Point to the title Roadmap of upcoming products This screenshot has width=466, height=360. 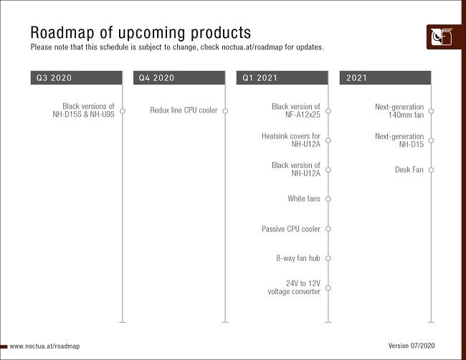pyautogui.click(x=141, y=32)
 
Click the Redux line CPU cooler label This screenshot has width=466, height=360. pyautogui.click(x=184, y=110)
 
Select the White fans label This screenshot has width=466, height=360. pyautogui.click(x=304, y=199)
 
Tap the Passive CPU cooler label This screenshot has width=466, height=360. pyautogui.click(x=291, y=229)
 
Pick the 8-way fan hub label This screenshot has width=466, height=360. pyautogui.click(x=298, y=258)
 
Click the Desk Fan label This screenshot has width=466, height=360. pyautogui.click(x=409, y=170)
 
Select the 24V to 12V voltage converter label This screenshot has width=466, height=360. pyautogui.click(x=294, y=288)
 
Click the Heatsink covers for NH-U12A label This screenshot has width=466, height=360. pyautogui.click(x=291, y=140)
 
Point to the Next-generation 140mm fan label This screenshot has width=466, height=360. pyautogui.click(x=399, y=110)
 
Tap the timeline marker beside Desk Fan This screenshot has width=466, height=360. pyautogui.click(x=431, y=170)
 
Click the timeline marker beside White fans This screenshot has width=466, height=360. pyautogui.click(x=328, y=199)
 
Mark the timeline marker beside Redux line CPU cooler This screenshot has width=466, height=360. pyautogui.click(x=225, y=110)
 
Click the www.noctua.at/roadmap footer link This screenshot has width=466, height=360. pyautogui.click(x=44, y=346)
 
